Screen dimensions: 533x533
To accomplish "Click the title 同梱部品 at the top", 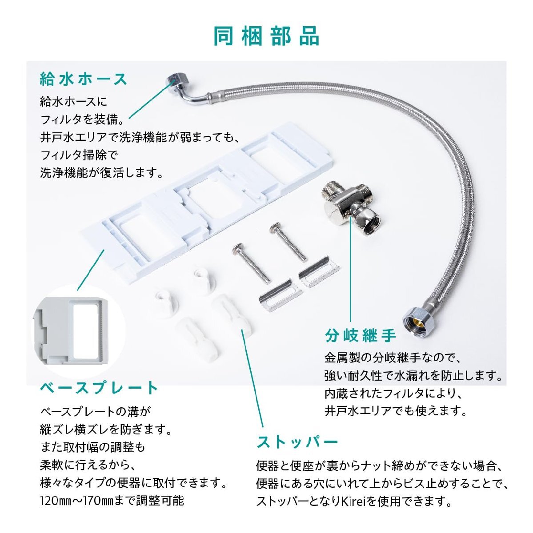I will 266,36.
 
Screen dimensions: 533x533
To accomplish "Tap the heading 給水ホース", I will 84,79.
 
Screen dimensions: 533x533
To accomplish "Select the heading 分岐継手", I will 360,335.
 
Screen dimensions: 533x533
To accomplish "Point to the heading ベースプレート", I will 99,388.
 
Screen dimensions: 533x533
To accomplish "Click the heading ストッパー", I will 297,442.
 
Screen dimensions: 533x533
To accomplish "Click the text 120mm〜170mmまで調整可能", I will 112,501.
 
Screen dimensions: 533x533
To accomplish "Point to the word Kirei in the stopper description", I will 355,501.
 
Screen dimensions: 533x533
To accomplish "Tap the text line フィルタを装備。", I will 84,119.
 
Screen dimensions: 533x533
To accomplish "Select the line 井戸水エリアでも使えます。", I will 396,410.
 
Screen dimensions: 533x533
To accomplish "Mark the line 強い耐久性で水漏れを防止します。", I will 413,375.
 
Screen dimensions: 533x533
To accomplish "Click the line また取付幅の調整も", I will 92,447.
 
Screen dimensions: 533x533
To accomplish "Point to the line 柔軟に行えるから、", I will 87,465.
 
